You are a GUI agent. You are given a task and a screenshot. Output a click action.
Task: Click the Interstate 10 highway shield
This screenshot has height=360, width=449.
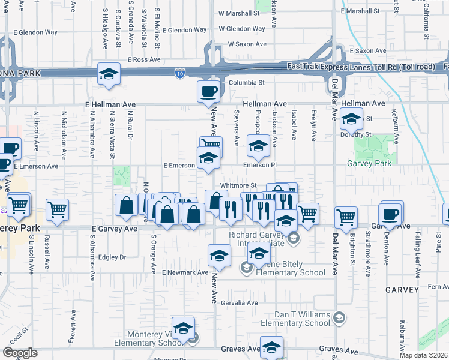[179, 73]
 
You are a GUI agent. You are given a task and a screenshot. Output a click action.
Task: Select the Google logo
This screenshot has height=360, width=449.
[20, 353]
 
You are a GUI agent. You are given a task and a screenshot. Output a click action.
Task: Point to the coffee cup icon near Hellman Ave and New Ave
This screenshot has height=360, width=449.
[209, 92]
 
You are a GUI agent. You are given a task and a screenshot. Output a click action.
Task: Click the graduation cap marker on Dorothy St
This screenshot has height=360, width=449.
[351, 119]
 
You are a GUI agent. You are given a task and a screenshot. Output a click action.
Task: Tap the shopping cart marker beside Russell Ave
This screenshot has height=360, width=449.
[57, 210]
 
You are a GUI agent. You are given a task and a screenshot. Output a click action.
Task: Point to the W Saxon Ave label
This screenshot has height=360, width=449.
[247, 44]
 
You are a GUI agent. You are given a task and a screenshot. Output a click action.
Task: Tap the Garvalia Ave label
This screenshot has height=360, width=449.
[238, 302]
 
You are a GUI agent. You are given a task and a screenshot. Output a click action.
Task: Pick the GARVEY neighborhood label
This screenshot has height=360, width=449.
[402, 290]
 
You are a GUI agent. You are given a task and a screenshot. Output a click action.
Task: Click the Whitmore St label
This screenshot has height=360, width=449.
[238, 186]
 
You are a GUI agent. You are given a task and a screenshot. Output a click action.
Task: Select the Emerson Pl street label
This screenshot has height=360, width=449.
[259, 165]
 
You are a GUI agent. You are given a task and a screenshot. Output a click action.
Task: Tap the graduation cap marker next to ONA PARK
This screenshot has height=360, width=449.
[109, 74]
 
